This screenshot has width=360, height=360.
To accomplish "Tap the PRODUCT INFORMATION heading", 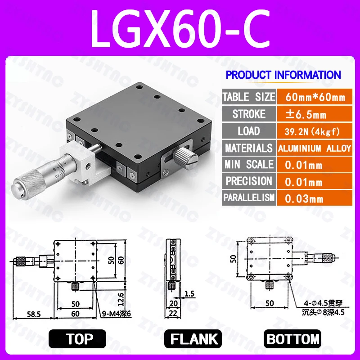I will coord(283,75).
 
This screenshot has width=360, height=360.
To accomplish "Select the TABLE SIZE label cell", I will coord(248,97).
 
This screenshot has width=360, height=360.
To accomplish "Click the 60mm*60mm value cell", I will coord(314,97).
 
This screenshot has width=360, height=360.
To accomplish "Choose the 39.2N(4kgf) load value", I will coord(310,131).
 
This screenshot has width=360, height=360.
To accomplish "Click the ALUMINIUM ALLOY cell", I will coord(314,148).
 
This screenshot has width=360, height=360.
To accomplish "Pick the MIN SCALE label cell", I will coord(248,165).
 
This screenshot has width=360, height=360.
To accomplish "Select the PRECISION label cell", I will coord(248,181).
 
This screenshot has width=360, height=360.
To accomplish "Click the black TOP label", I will coord(77,339).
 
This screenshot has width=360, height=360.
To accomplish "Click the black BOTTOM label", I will coord(293,339).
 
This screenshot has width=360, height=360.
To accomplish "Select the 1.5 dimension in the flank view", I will coord(189,293).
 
